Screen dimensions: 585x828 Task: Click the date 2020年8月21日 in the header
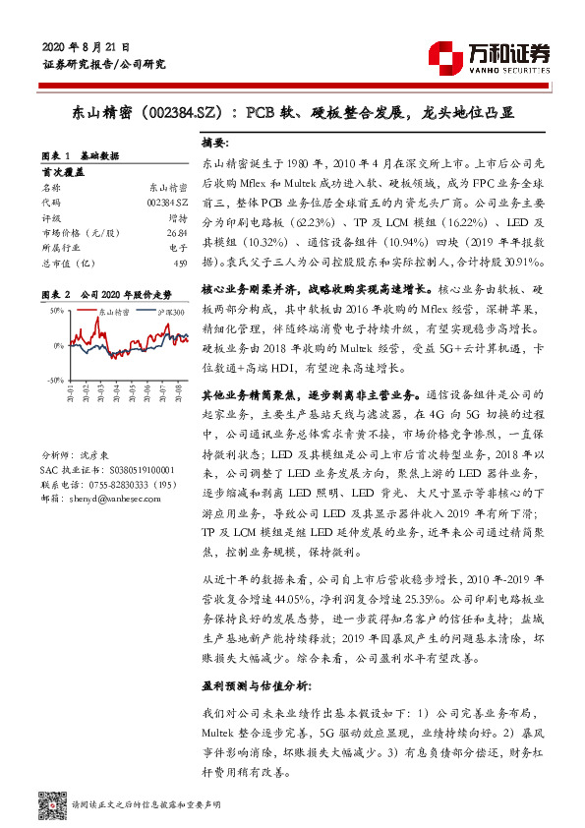(88, 46)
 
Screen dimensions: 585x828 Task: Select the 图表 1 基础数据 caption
(84, 156)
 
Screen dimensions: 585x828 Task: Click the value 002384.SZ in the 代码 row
(167, 201)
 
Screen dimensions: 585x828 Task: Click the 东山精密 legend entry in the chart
(116, 312)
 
